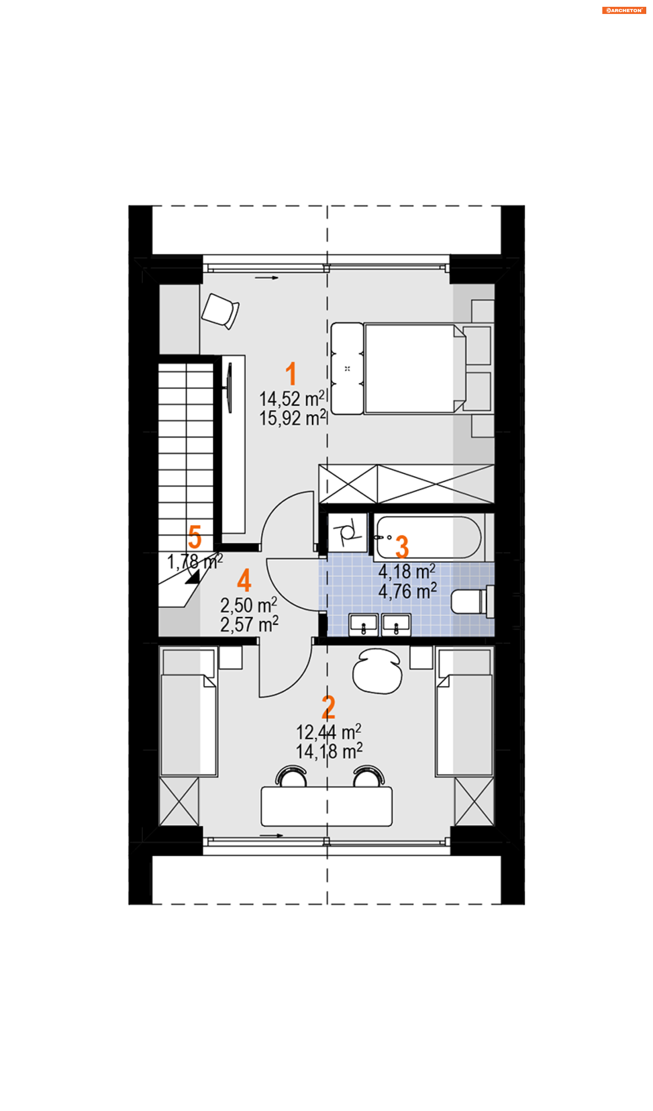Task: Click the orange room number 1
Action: click(x=291, y=373)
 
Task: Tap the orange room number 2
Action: click(x=328, y=707)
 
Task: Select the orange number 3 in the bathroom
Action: click(x=402, y=547)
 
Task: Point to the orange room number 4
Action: click(x=244, y=580)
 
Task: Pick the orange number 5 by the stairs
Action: click(x=195, y=537)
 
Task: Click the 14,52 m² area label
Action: click(x=292, y=399)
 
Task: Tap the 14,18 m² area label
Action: click(x=329, y=751)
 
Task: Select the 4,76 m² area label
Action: click(x=407, y=591)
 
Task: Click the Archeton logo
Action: click(x=624, y=10)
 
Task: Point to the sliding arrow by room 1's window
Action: click(x=267, y=278)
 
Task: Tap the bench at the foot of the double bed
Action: click(x=347, y=369)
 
